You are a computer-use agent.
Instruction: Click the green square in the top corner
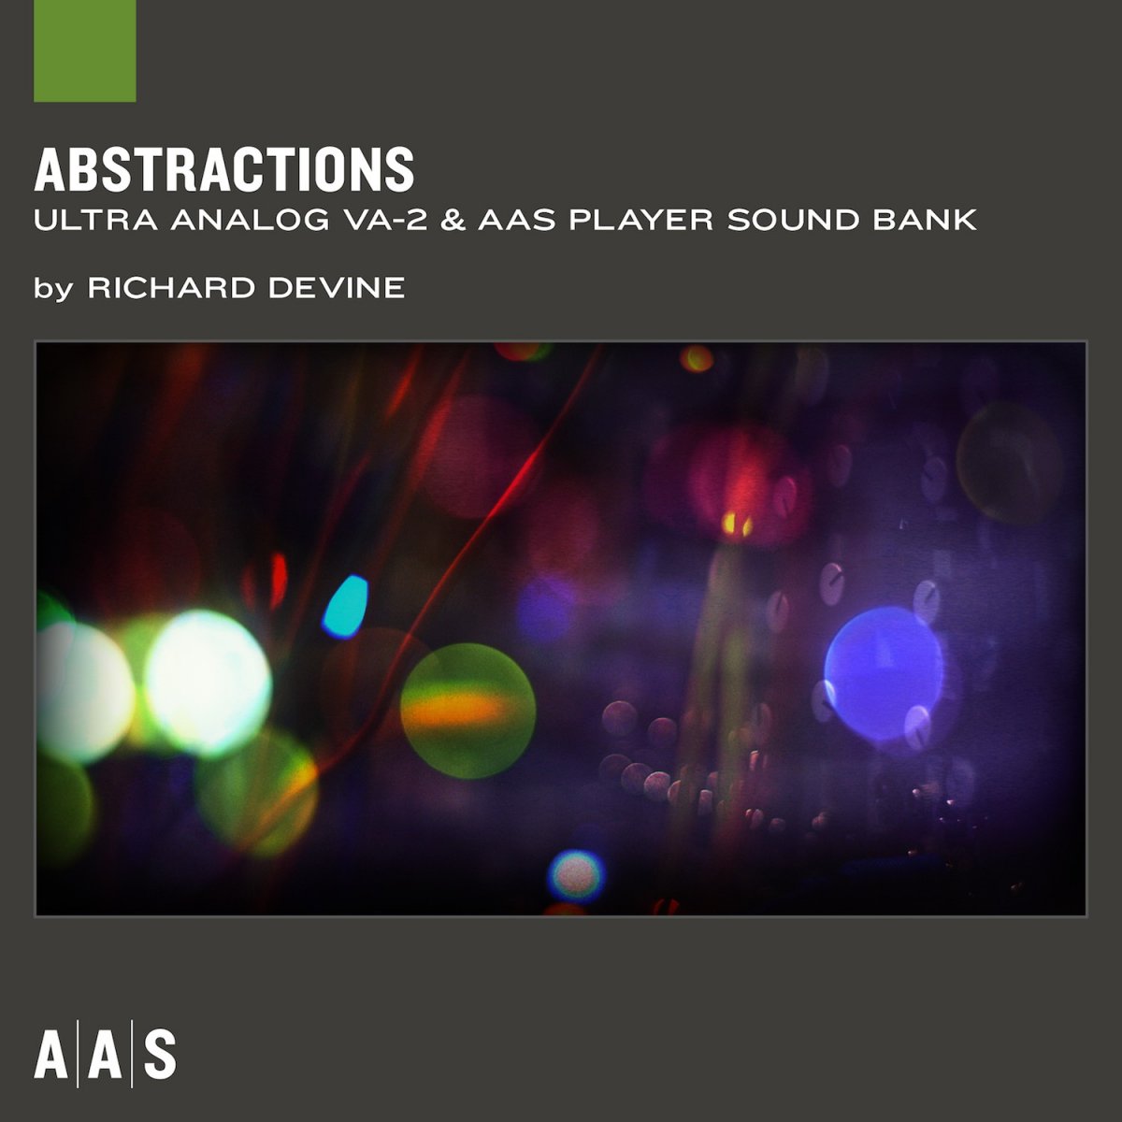(85, 50)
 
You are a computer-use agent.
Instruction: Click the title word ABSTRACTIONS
(224, 169)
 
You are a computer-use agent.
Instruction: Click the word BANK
(926, 221)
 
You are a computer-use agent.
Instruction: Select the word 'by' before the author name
(52, 289)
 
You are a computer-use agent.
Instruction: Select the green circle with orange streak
(467, 711)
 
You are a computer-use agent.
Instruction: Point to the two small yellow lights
(737, 526)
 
